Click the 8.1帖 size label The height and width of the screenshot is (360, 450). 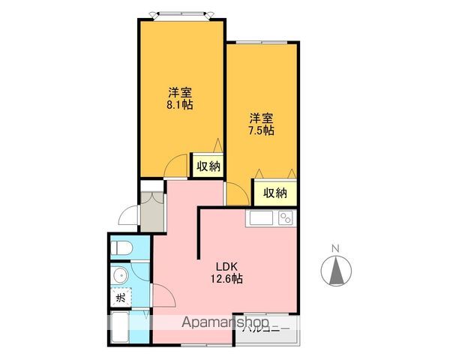click(180, 106)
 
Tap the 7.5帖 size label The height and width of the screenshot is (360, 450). click(262, 130)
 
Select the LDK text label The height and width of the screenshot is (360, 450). click(226, 266)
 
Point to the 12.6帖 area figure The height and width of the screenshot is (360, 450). click(226, 279)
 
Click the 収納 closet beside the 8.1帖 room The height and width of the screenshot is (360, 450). click(208, 166)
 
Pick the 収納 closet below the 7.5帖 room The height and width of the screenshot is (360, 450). click(275, 193)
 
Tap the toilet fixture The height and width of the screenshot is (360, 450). click(121, 247)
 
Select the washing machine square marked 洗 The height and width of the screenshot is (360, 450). click(120, 298)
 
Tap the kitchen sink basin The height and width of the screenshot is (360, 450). click(262, 218)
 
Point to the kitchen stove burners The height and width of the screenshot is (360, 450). click(286, 218)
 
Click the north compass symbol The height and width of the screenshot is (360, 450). click(337, 271)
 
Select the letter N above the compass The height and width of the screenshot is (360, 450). click(337, 248)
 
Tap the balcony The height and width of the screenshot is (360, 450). click(267, 331)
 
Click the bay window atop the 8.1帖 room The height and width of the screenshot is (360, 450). click(181, 14)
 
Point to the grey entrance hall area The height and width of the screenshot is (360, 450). click(151, 212)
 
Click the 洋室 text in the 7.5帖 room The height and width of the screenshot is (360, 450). click(262, 118)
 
